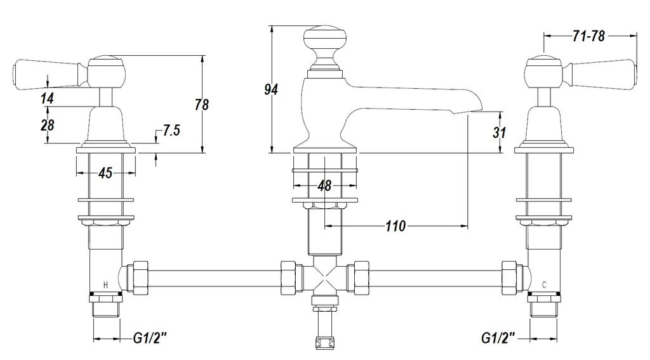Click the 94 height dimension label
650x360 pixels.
pyautogui.click(x=271, y=89)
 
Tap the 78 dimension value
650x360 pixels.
pyautogui.click(x=202, y=105)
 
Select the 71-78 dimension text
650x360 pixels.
pyautogui.click(x=589, y=36)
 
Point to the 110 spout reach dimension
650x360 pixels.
pyautogui.click(x=395, y=226)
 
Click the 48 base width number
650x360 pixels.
pyautogui.click(x=324, y=185)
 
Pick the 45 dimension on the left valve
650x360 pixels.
pyautogui.click(x=105, y=173)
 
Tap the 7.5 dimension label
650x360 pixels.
pyautogui.click(x=171, y=130)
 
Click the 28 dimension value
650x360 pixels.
pyautogui.click(x=47, y=125)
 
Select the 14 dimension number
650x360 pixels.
pyautogui.click(x=47, y=98)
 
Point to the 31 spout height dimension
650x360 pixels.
pyautogui.click(x=500, y=132)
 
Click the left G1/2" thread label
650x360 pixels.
pyautogui.click(x=150, y=338)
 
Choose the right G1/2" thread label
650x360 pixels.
pyautogui.click(x=498, y=338)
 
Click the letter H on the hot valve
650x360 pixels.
pyautogui.click(x=106, y=284)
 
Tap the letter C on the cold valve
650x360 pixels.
pyautogui.click(x=544, y=284)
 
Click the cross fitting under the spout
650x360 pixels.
pyautogui.click(x=324, y=277)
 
